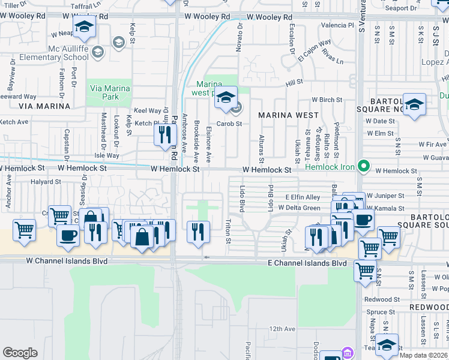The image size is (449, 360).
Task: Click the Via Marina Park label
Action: point(109,92)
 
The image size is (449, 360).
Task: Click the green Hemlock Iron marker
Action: point(363,166)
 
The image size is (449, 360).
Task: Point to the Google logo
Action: point(20,353)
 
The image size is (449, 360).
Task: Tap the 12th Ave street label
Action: point(282,329)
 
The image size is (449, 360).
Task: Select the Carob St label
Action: point(229,124)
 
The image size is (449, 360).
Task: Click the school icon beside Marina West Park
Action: point(226,98)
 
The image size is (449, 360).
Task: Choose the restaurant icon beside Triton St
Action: point(199,230)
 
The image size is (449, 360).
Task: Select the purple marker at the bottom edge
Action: point(346,353)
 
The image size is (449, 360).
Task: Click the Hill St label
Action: point(294,82)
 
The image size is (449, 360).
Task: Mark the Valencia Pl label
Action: point(337,25)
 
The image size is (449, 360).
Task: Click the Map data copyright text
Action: point(423,355)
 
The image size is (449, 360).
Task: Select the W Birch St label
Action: point(327,100)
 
